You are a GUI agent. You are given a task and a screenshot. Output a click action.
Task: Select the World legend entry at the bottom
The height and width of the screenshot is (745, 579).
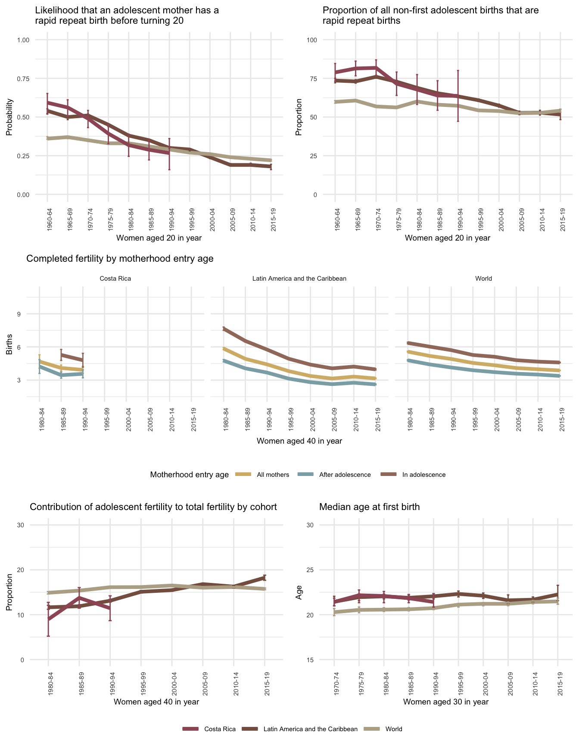(x=393, y=729)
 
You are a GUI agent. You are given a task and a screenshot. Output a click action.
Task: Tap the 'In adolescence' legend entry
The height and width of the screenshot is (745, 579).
(x=423, y=475)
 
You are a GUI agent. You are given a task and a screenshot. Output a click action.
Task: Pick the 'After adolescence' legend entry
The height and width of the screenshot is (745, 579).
(x=345, y=475)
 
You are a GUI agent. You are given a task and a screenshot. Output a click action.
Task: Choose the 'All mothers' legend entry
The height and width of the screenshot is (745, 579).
(x=273, y=475)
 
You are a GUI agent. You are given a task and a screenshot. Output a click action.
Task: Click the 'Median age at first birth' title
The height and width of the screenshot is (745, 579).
(x=369, y=507)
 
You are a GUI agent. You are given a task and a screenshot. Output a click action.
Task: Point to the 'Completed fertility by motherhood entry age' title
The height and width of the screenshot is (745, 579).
(x=120, y=259)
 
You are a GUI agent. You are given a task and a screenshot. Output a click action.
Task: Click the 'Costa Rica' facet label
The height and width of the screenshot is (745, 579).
(x=115, y=279)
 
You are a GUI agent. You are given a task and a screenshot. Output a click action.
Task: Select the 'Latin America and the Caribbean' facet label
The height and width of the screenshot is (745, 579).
(x=299, y=279)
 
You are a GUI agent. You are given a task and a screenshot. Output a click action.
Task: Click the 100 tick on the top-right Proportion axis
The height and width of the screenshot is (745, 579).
(x=311, y=40)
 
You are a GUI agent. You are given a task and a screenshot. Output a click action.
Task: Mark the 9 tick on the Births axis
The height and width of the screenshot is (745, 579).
(x=19, y=314)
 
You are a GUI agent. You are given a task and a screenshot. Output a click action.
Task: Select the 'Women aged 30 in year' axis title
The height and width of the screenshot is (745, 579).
(x=446, y=702)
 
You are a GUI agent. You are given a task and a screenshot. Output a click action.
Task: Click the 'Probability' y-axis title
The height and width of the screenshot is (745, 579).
(x=9, y=117)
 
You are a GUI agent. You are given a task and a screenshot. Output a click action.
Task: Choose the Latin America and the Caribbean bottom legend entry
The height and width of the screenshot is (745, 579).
(x=310, y=729)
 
